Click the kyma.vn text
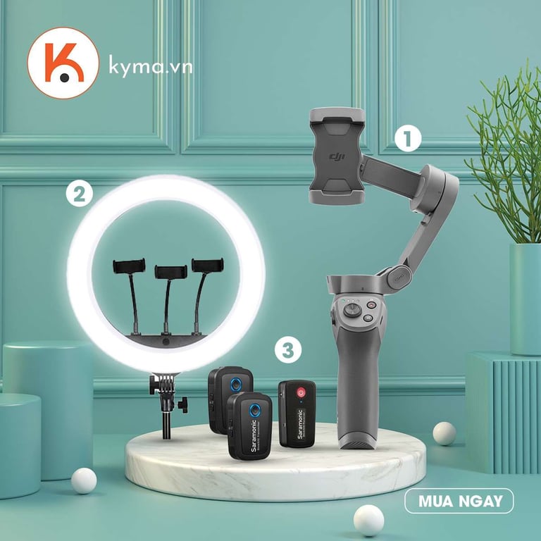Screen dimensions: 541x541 point(151,68)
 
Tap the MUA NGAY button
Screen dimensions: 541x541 point(459,501)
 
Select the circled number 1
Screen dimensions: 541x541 point(407,138)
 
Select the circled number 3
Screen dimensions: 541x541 point(287,349)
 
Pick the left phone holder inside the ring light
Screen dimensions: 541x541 point(129,266)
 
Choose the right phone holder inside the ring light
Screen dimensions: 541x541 point(207,265)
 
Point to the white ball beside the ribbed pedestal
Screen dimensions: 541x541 point(444,433)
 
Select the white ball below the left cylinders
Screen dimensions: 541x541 point(84,480)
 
